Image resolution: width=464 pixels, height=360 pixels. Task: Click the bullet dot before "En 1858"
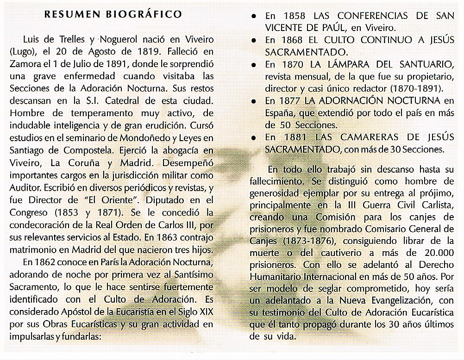pos(253,16)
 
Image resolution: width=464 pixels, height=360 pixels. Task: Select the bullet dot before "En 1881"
pos(253,138)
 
